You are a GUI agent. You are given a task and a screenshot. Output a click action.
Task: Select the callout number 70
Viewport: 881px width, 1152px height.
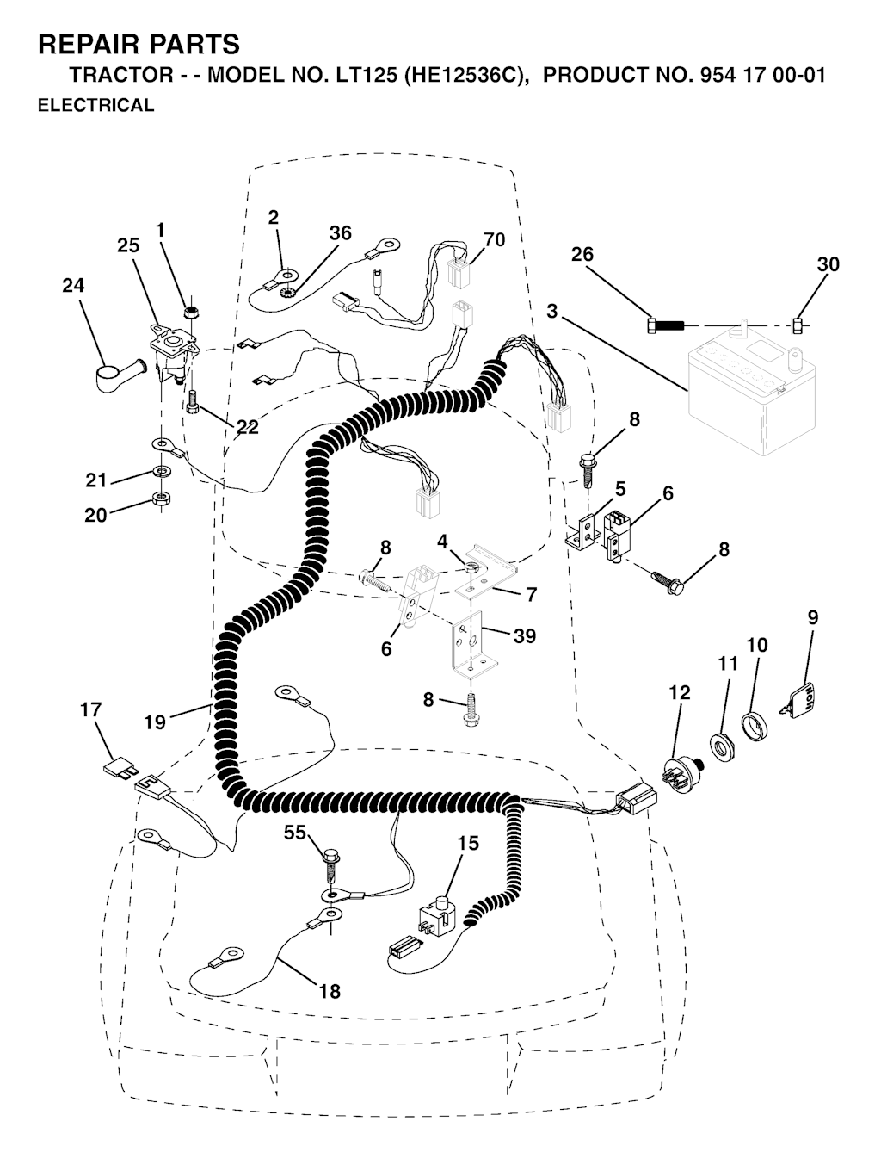tap(494, 239)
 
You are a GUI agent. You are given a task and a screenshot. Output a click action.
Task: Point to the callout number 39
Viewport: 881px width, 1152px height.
tap(525, 635)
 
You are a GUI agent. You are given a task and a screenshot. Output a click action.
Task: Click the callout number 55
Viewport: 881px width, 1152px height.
tap(295, 832)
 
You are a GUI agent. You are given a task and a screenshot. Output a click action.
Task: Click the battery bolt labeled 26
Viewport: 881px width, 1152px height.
tap(665, 325)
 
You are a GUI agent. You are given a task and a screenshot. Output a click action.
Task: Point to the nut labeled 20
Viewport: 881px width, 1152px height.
tap(161, 498)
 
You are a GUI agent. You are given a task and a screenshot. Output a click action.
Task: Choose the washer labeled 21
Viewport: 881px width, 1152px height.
tap(161, 469)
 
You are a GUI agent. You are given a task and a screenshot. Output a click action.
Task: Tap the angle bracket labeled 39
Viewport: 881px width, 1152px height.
tap(473, 647)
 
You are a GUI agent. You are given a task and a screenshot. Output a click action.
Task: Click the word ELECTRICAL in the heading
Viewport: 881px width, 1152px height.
tap(96, 105)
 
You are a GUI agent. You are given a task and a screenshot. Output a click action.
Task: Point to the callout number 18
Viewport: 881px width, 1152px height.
tap(330, 991)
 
